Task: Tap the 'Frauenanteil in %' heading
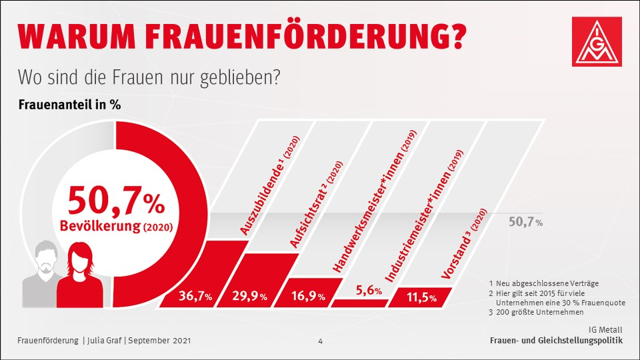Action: coord(69,105)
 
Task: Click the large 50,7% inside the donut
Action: coord(115,198)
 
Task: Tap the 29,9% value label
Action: coord(251,297)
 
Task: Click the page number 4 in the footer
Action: coord(320,341)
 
